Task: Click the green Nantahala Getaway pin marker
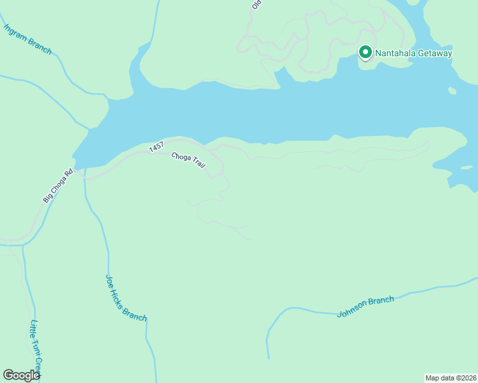[x=366, y=52]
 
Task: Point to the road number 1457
[x=156, y=147]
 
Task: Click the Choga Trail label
[x=189, y=160]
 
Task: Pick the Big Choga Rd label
[x=59, y=186]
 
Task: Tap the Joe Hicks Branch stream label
[x=126, y=298]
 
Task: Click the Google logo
[x=21, y=375]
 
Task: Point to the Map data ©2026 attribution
[x=451, y=378]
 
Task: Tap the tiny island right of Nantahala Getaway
[x=452, y=91]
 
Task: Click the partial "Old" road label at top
[x=257, y=4]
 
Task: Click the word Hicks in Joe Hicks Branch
[x=124, y=296]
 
